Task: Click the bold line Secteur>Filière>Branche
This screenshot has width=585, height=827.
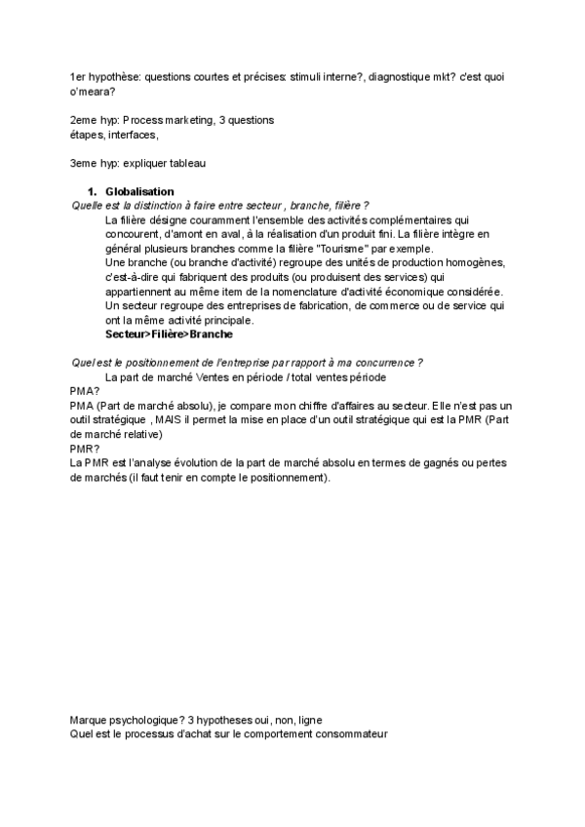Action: pyautogui.click(x=169, y=334)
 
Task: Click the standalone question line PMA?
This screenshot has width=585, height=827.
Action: pyautogui.click(x=85, y=391)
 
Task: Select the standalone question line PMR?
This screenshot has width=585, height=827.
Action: pyautogui.click(x=85, y=449)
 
